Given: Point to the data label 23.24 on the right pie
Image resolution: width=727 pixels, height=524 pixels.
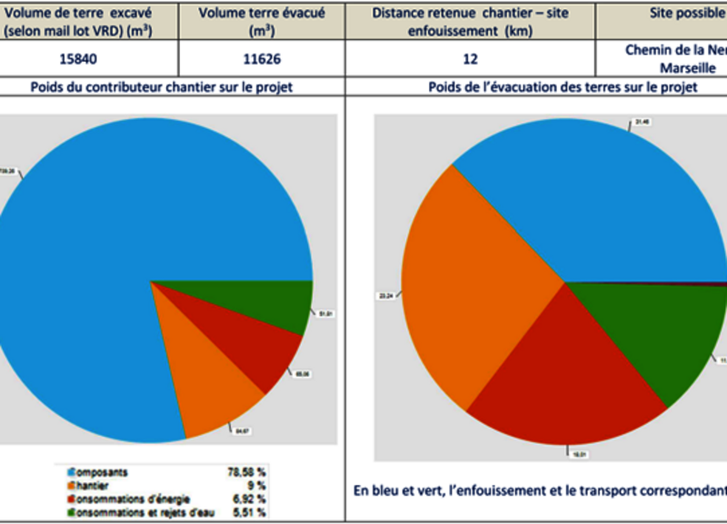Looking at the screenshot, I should click(x=384, y=296).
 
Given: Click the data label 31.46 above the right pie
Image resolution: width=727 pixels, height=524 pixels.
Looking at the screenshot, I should click(x=642, y=121).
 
